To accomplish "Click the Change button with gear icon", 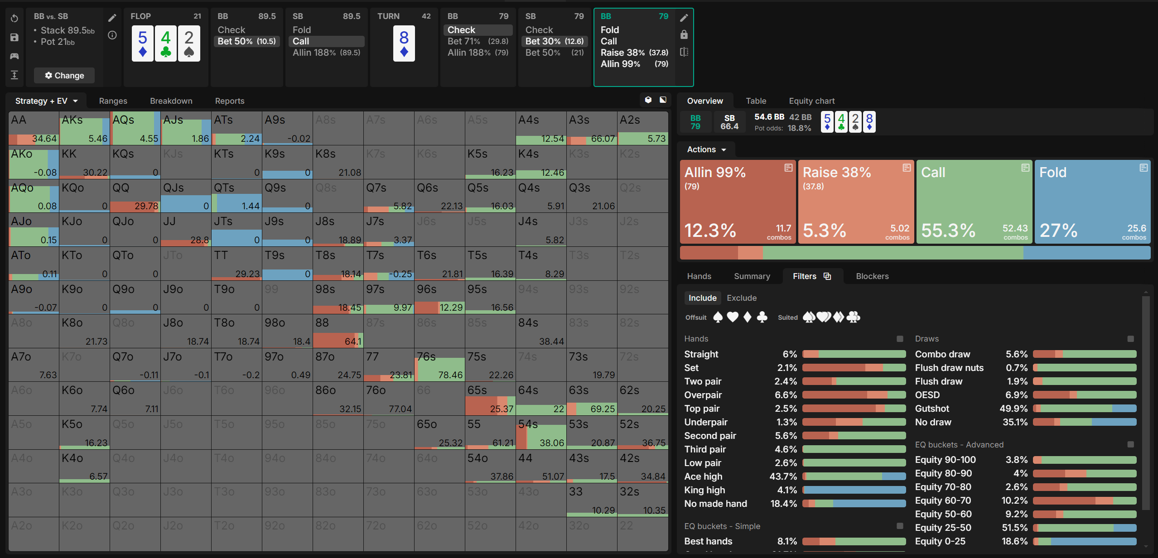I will click(64, 75).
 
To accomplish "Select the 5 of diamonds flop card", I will click(142, 43).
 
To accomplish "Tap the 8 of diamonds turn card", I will click(404, 43).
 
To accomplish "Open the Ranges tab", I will click(113, 101).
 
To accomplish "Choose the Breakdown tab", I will click(171, 101).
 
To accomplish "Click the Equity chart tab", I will click(811, 101).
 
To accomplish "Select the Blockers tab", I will click(872, 276).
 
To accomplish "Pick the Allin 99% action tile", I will click(737, 202).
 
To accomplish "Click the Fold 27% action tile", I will click(1092, 202).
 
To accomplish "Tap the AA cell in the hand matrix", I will click(34, 128).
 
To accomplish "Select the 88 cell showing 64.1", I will click(338, 331).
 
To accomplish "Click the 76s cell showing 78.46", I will click(439, 365).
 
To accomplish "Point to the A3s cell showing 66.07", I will click(592, 128).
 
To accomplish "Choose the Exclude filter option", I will click(741, 298).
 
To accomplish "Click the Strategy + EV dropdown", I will click(46, 101).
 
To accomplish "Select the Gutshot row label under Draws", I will click(931, 409).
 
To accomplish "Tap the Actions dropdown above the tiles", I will click(706, 149).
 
